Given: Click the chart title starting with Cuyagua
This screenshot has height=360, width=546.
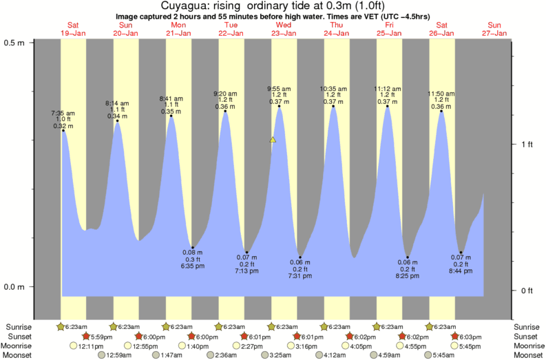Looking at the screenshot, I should (x=273, y=6).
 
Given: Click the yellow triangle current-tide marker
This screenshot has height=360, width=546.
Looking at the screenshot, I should (x=273, y=140).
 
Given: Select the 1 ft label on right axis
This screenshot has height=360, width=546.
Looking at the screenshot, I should (x=527, y=144).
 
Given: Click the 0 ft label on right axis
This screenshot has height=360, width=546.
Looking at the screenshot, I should (x=527, y=290).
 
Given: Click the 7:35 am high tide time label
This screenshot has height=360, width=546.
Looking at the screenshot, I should (x=63, y=113).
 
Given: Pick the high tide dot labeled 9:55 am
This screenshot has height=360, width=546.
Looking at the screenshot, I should (x=280, y=106).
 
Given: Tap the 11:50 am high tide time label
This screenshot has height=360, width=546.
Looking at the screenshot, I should (x=441, y=93).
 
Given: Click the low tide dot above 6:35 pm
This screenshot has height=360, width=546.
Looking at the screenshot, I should (x=193, y=247).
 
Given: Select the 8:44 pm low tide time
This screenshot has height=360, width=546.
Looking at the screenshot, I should (x=461, y=271).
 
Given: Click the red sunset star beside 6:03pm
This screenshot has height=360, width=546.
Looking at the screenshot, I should (x=455, y=336).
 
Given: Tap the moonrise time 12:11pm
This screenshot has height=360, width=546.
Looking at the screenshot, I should (x=90, y=346).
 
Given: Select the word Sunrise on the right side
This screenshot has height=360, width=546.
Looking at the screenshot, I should (x=527, y=326).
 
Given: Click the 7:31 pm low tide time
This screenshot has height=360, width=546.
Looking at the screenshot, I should (x=300, y=276).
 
